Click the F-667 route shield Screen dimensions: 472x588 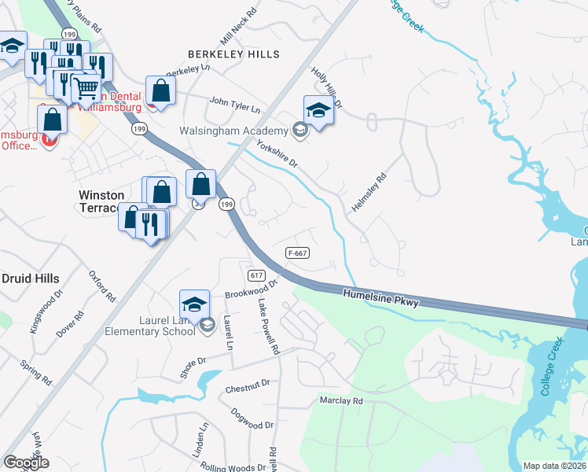tap(296, 253)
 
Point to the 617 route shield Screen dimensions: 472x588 tap(255, 275)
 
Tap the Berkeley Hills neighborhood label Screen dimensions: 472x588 tap(233, 54)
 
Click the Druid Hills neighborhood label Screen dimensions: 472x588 tap(30, 278)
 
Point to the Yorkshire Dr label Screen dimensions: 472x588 tap(278, 152)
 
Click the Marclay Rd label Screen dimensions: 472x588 tap(341, 400)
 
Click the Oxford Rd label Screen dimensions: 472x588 tap(101, 288)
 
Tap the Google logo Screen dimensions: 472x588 tap(26, 463)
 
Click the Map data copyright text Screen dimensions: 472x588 tap(555, 466)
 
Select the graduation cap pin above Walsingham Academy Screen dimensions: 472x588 tap(318, 111)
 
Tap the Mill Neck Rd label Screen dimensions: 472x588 tap(239, 27)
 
